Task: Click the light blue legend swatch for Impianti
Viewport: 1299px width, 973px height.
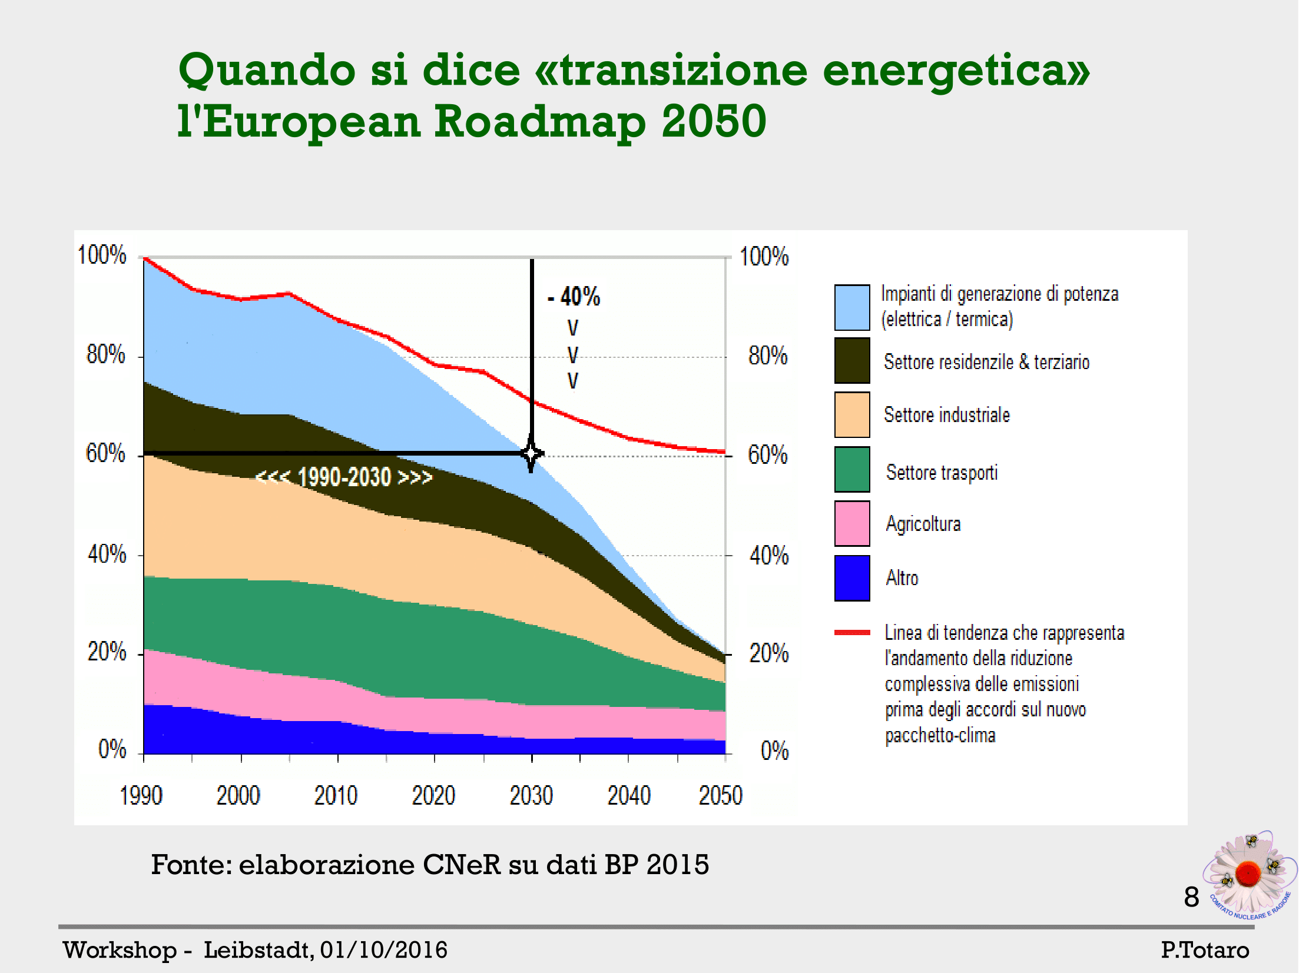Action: (x=851, y=307)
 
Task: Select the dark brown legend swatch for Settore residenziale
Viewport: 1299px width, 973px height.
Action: (x=851, y=360)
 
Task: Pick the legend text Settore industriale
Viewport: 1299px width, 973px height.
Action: (x=947, y=415)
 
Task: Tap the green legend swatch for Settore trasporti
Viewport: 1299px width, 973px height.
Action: (x=851, y=469)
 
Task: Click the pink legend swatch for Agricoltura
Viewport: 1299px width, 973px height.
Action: (x=851, y=523)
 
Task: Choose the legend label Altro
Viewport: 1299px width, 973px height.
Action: (x=902, y=578)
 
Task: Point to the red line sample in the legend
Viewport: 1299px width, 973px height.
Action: (x=852, y=633)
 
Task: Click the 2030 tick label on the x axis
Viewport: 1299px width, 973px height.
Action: (x=531, y=796)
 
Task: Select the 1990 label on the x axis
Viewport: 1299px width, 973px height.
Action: (x=141, y=796)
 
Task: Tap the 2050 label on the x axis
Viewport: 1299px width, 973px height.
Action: (x=720, y=796)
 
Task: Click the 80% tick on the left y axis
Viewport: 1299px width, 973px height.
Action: (x=106, y=354)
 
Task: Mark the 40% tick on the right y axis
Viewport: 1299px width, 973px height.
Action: (x=768, y=556)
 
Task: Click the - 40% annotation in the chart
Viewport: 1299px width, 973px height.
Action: (x=574, y=297)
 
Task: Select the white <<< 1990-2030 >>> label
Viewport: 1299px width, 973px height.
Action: (x=344, y=477)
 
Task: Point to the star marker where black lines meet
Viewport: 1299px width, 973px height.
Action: (x=532, y=454)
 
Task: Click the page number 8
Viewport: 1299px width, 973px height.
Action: (x=1191, y=898)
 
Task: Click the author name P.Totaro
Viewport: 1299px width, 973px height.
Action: (x=1205, y=950)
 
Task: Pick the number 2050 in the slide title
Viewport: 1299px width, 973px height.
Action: (x=714, y=121)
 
